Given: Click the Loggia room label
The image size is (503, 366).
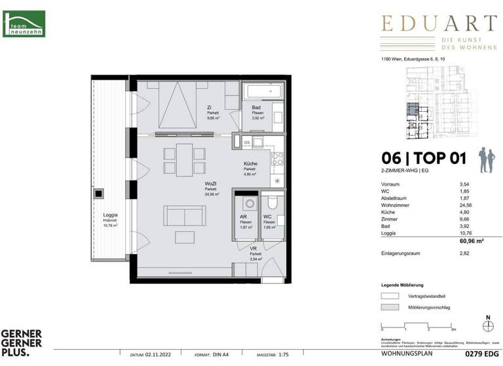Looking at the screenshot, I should click(x=109, y=215).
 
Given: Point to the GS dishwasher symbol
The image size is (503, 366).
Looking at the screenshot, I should click(x=247, y=142).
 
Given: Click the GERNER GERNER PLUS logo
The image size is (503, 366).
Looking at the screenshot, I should click(x=21, y=342).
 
